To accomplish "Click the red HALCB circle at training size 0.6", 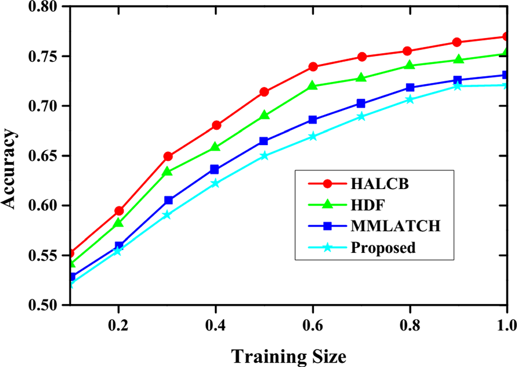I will [313, 66].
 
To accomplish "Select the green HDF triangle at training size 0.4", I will [216, 147].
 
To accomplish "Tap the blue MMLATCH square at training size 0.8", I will [410, 87].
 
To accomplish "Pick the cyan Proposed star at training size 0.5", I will [264, 156].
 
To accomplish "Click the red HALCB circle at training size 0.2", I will [119, 211].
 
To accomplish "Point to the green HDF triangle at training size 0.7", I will [361, 77].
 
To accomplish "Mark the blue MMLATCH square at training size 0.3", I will [168, 200].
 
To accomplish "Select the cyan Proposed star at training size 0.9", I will [458, 86].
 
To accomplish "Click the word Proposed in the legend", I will [383, 248].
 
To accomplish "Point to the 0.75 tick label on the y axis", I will [49, 56].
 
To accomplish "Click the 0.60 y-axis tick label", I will [49, 205].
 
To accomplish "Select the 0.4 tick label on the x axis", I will [216, 324].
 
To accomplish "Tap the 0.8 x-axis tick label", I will [410, 324].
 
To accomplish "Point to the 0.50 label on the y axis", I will [49, 305].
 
